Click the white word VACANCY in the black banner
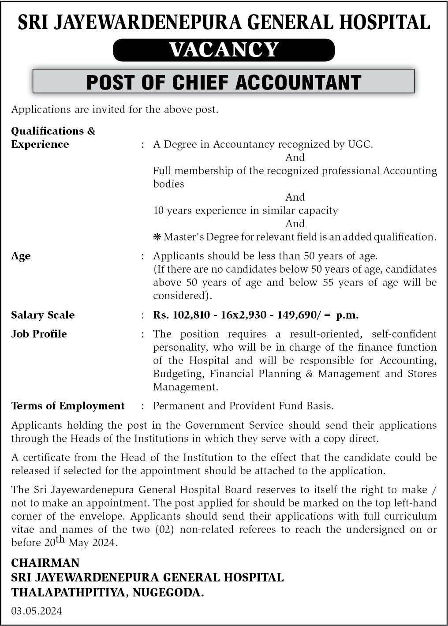tap(224, 49)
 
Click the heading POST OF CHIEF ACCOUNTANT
tap(224, 82)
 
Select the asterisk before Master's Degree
tap(157, 237)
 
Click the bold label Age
tap(21, 256)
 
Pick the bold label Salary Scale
tap(43, 315)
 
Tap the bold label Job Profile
tap(39, 334)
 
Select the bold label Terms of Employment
tap(68, 406)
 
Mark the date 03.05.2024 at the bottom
tap(37, 611)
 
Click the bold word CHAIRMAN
tap(45, 563)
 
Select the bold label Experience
tap(40, 144)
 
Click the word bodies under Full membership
tap(168, 184)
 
